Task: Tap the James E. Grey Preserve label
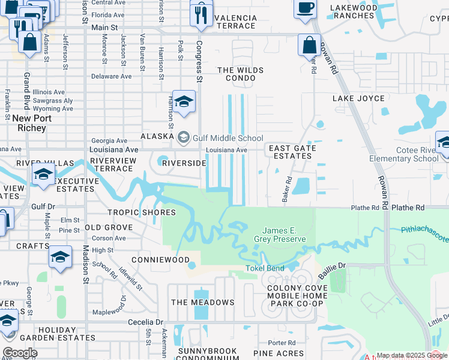(x=284, y=235)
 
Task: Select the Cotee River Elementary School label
(x=408, y=154)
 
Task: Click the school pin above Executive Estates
(x=44, y=176)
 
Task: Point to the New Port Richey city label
(x=29, y=124)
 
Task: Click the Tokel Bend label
(x=265, y=268)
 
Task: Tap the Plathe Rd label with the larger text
(x=408, y=208)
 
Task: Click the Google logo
(x=20, y=353)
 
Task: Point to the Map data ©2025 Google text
(x=411, y=355)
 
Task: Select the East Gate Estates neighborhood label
(x=291, y=152)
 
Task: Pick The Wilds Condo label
(x=240, y=74)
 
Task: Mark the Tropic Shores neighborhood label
(x=141, y=212)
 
